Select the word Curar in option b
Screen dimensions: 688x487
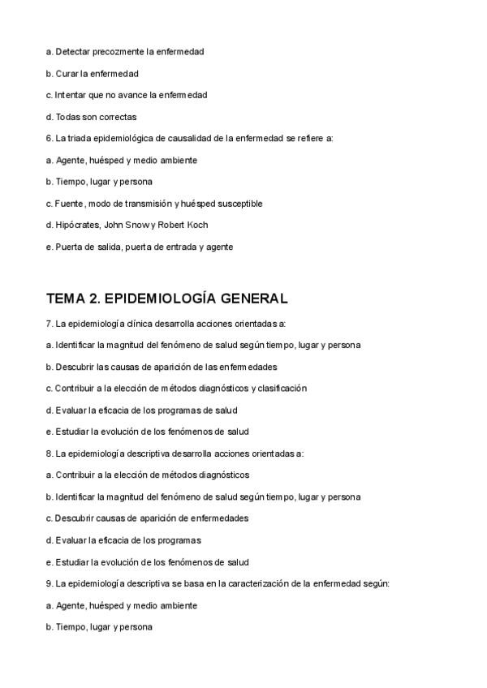pos(67,73)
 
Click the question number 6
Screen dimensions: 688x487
pos(49,139)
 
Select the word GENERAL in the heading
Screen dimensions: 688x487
pos(248,298)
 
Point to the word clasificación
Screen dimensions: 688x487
pos(280,389)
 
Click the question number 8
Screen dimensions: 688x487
pos(49,454)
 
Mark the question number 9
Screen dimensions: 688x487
pos(49,583)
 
